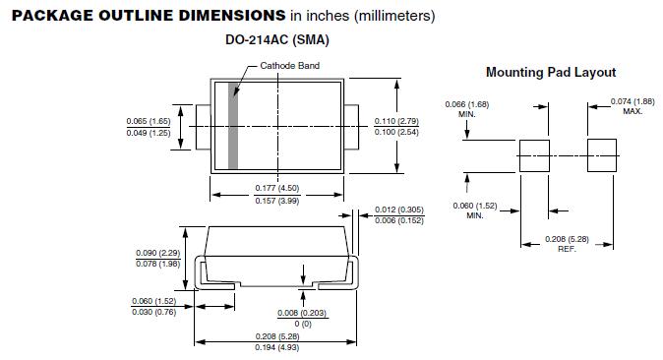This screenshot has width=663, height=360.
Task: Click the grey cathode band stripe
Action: (x=233, y=126)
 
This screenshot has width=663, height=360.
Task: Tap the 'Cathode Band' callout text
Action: (x=289, y=66)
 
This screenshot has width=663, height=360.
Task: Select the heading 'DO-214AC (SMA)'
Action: (x=277, y=39)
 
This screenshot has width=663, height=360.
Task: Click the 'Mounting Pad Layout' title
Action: (x=551, y=72)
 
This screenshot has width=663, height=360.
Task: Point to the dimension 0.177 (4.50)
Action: (x=277, y=188)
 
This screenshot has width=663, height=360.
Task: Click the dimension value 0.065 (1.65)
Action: (x=149, y=121)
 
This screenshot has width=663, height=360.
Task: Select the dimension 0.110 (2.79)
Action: (x=396, y=121)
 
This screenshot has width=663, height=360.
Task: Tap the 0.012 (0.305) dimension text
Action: (x=399, y=210)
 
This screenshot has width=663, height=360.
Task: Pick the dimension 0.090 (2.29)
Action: (x=158, y=253)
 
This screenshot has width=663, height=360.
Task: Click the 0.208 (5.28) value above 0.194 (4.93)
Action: (x=277, y=336)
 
